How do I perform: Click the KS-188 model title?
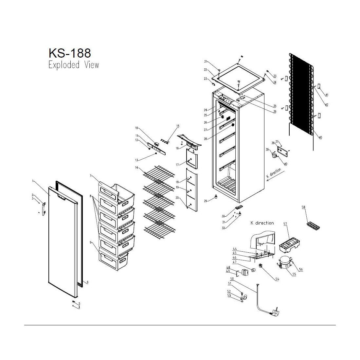70,53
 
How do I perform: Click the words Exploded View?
74,65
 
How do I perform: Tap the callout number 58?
303,207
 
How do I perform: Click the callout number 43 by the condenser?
320,137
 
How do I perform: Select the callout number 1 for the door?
33,181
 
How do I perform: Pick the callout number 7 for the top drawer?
91,176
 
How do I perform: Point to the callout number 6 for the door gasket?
87,282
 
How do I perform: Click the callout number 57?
285,224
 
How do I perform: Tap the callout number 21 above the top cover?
206,62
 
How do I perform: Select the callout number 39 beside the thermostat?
267,150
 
